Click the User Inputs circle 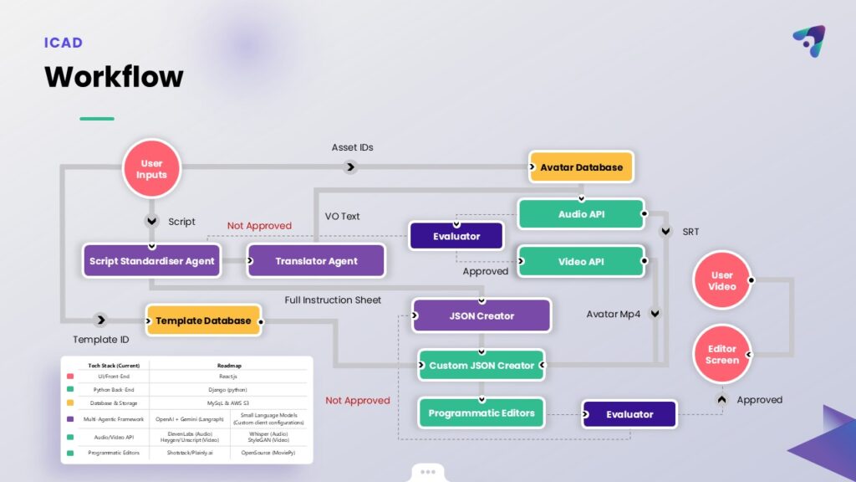pos(151,168)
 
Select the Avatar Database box pos(581,167)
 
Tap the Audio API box pos(581,214)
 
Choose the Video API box pos(581,261)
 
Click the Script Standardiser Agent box pos(151,261)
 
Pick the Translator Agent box pos(316,261)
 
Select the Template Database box pos(203,320)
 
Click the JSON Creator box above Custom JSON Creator pos(481,316)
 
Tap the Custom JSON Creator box pos(481,366)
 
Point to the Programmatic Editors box pos(481,413)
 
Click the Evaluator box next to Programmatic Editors pos(629,414)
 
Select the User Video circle pos(721,280)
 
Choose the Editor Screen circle pos(721,354)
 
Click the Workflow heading pos(114,77)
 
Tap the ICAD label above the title pos(64,43)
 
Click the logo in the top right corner pos(808,41)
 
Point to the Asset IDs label pos(352,147)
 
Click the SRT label pos(690,231)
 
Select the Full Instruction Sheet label pos(333,300)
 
